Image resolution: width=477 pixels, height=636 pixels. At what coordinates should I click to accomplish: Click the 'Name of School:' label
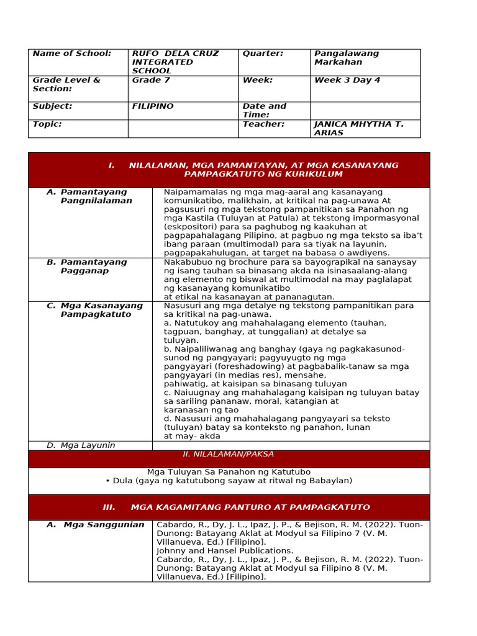pos(71,53)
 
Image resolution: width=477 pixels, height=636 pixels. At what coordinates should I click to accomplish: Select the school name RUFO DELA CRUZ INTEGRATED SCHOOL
pos(175,62)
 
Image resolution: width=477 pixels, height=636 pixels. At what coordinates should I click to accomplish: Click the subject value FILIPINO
pos(153,106)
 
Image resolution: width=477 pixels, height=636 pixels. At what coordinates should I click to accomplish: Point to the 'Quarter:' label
pos(263,53)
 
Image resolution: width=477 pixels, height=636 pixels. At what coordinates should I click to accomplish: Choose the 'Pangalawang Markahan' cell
pos(346,58)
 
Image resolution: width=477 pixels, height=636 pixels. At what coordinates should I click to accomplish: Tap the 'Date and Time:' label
pos(265,111)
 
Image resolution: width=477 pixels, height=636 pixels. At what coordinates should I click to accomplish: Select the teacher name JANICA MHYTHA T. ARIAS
pos(358,129)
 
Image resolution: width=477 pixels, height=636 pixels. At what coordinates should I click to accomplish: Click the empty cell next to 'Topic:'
pos(183,129)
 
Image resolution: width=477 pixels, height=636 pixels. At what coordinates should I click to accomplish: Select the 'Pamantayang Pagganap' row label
pos(93,266)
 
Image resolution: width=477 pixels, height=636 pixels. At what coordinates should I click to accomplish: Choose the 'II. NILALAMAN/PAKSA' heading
pos(229,455)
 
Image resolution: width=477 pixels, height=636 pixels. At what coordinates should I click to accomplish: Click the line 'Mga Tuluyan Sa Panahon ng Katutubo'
pos(229,472)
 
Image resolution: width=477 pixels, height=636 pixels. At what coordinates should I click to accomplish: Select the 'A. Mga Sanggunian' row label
pos(95,525)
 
